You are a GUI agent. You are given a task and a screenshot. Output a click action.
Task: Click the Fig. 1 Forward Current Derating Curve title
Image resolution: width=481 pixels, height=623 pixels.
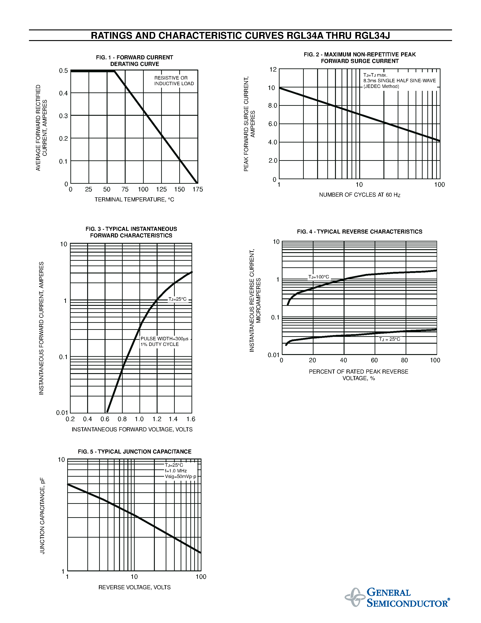(x=134, y=61)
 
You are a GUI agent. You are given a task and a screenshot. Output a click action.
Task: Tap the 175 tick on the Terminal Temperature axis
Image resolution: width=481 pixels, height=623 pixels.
(x=197, y=189)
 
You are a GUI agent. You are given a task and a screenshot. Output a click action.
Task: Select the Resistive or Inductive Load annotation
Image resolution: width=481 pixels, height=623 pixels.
(x=174, y=81)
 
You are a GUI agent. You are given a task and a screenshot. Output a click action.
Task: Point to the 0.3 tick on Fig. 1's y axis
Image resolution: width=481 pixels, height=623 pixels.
(x=63, y=116)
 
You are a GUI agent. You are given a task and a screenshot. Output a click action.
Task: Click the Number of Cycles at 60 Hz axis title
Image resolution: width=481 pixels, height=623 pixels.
(x=360, y=195)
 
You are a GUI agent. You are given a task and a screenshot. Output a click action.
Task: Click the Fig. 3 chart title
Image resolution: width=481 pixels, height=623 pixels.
(x=131, y=232)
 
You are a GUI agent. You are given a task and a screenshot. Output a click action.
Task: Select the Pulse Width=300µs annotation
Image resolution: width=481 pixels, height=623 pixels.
(x=164, y=339)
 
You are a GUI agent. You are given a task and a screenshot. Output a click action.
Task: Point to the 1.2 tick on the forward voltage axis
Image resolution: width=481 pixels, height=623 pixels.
(x=157, y=419)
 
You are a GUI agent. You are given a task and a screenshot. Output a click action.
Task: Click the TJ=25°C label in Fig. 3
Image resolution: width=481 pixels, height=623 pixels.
(x=177, y=299)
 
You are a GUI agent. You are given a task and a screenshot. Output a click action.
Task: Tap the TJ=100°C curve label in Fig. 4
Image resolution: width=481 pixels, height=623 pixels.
(x=318, y=277)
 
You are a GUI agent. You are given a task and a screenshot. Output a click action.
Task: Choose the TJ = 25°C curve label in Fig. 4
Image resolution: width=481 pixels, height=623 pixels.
(x=390, y=339)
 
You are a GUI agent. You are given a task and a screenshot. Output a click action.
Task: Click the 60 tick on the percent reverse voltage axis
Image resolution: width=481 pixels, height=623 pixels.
(x=374, y=360)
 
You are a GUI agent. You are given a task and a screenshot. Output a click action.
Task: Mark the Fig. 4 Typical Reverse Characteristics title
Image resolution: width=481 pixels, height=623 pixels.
(x=360, y=232)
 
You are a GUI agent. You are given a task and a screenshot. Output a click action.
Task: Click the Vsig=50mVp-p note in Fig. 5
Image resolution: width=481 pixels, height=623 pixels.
(x=181, y=477)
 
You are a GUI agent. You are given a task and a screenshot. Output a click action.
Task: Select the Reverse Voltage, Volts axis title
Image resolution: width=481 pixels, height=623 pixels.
(x=134, y=587)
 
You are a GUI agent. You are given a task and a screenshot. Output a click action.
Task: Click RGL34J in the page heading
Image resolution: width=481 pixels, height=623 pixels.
(x=372, y=35)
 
